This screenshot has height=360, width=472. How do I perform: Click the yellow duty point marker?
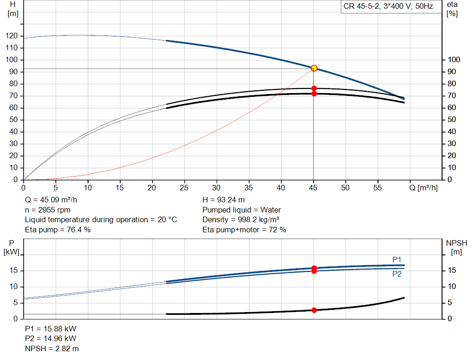point(314,68)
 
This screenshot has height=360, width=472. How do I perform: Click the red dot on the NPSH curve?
point(314,310)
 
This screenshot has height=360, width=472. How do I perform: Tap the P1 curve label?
point(397,260)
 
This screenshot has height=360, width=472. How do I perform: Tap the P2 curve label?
point(397,274)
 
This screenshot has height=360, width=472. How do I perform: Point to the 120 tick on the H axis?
point(12,36)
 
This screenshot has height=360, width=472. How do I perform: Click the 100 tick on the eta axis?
point(454,59)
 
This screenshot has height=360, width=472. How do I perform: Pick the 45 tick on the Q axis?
point(313,188)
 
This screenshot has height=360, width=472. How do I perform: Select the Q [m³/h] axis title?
point(424,188)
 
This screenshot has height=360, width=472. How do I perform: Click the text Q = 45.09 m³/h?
point(51,200)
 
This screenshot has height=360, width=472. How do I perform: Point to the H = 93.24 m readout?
point(224,200)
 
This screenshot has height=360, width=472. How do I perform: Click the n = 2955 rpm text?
point(47,210)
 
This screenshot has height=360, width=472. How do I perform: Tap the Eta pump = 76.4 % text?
point(58,230)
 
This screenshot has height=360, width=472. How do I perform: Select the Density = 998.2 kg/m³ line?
point(241,220)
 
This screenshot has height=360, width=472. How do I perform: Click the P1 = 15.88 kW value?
point(51,329)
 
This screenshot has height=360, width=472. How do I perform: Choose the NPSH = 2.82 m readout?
point(52,348)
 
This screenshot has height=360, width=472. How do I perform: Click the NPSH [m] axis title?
point(456,248)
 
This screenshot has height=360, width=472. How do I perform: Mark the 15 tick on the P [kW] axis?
point(13,270)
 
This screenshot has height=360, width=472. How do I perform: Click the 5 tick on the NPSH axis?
point(450,302)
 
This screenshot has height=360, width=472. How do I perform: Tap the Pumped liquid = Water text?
point(242,210)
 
